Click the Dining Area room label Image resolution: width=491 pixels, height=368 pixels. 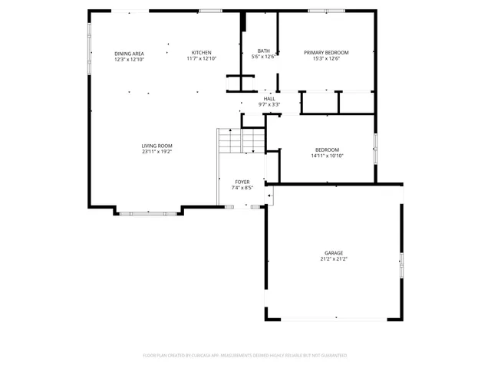click(x=129, y=53)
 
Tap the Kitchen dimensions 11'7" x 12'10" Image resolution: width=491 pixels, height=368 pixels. click(x=202, y=58)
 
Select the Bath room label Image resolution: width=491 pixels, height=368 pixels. click(x=263, y=51)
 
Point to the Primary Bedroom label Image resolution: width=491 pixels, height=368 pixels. click(x=326, y=52)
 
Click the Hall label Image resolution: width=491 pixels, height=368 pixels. click(x=269, y=99)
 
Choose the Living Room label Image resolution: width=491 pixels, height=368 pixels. click(x=157, y=146)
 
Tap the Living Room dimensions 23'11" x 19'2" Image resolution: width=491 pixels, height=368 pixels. click(x=157, y=152)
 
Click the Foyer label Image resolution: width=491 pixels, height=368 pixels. click(x=242, y=182)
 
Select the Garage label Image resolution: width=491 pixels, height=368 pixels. click(x=333, y=253)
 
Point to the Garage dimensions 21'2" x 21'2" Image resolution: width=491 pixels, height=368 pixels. click(x=333, y=259)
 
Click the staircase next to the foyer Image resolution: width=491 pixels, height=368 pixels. click(x=241, y=140)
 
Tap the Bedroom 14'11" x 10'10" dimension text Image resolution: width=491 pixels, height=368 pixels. click(x=327, y=156)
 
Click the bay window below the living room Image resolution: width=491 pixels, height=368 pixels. click(x=149, y=214)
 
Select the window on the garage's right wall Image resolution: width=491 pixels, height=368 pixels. click(x=400, y=264)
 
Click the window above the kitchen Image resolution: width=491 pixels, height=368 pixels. click(x=210, y=11)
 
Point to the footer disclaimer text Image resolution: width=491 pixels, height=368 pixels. click(x=245, y=356)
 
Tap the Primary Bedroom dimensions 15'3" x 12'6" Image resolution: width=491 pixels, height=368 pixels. click(x=326, y=58)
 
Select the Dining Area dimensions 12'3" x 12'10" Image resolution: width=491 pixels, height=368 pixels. click(x=129, y=59)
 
